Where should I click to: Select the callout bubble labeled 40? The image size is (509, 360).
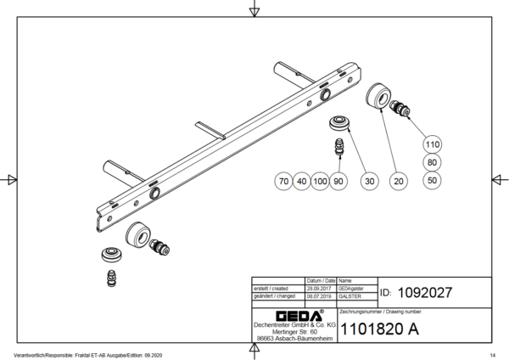pos(301,181)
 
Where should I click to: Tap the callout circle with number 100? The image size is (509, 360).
pos(320,181)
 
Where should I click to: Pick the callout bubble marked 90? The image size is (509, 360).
pos(338,181)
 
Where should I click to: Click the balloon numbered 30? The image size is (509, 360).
pos(367,181)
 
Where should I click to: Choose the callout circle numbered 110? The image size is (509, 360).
pos(433,144)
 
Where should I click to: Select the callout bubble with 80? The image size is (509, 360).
pos(433,162)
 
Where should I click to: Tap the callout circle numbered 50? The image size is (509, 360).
pos(433,180)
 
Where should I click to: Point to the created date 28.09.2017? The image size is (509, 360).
pos(318,288)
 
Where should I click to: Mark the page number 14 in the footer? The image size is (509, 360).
pos(493,355)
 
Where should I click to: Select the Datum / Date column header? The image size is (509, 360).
pos(318,279)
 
